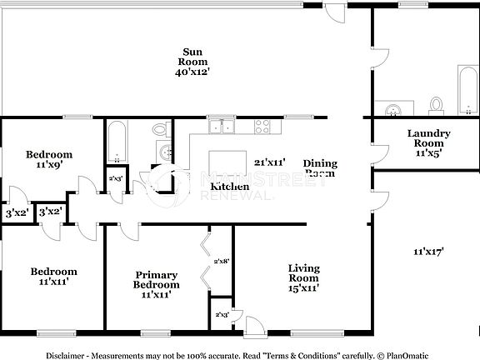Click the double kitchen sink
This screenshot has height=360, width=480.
point(222,127)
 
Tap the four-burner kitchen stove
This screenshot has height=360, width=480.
point(262,127)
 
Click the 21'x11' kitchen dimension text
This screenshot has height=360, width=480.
point(270,162)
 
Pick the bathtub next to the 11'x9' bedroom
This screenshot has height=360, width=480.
point(117,142)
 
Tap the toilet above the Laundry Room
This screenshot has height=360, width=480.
point(436,105)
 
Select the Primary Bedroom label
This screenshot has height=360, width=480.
point(156,280)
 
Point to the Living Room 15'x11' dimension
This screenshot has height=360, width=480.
point(303,288)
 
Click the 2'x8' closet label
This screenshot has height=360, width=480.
point(221,261)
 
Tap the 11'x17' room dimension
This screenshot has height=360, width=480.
point(427,250)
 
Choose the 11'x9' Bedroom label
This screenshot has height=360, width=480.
point(48,159)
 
